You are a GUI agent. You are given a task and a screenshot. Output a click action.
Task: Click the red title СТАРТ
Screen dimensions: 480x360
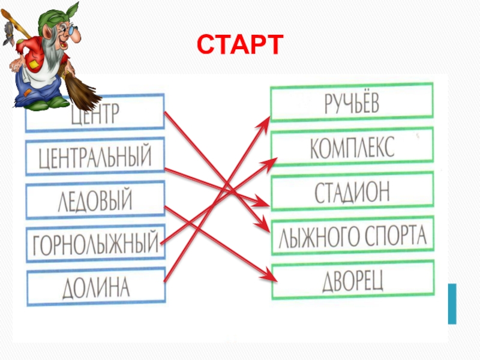(x=240, y=44)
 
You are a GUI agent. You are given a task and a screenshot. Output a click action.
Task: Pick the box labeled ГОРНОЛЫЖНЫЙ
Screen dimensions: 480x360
(x=95, y=244)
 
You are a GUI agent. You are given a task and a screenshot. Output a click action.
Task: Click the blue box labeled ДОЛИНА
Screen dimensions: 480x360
(x=95, y=287)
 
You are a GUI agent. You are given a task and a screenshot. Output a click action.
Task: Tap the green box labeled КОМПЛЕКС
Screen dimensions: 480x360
(x=352, y=148)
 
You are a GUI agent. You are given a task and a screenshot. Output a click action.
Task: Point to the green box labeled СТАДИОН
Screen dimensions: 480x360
(x=352, y=191)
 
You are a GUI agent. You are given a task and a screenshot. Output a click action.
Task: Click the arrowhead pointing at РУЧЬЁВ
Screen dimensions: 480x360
(x=266, y=120)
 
